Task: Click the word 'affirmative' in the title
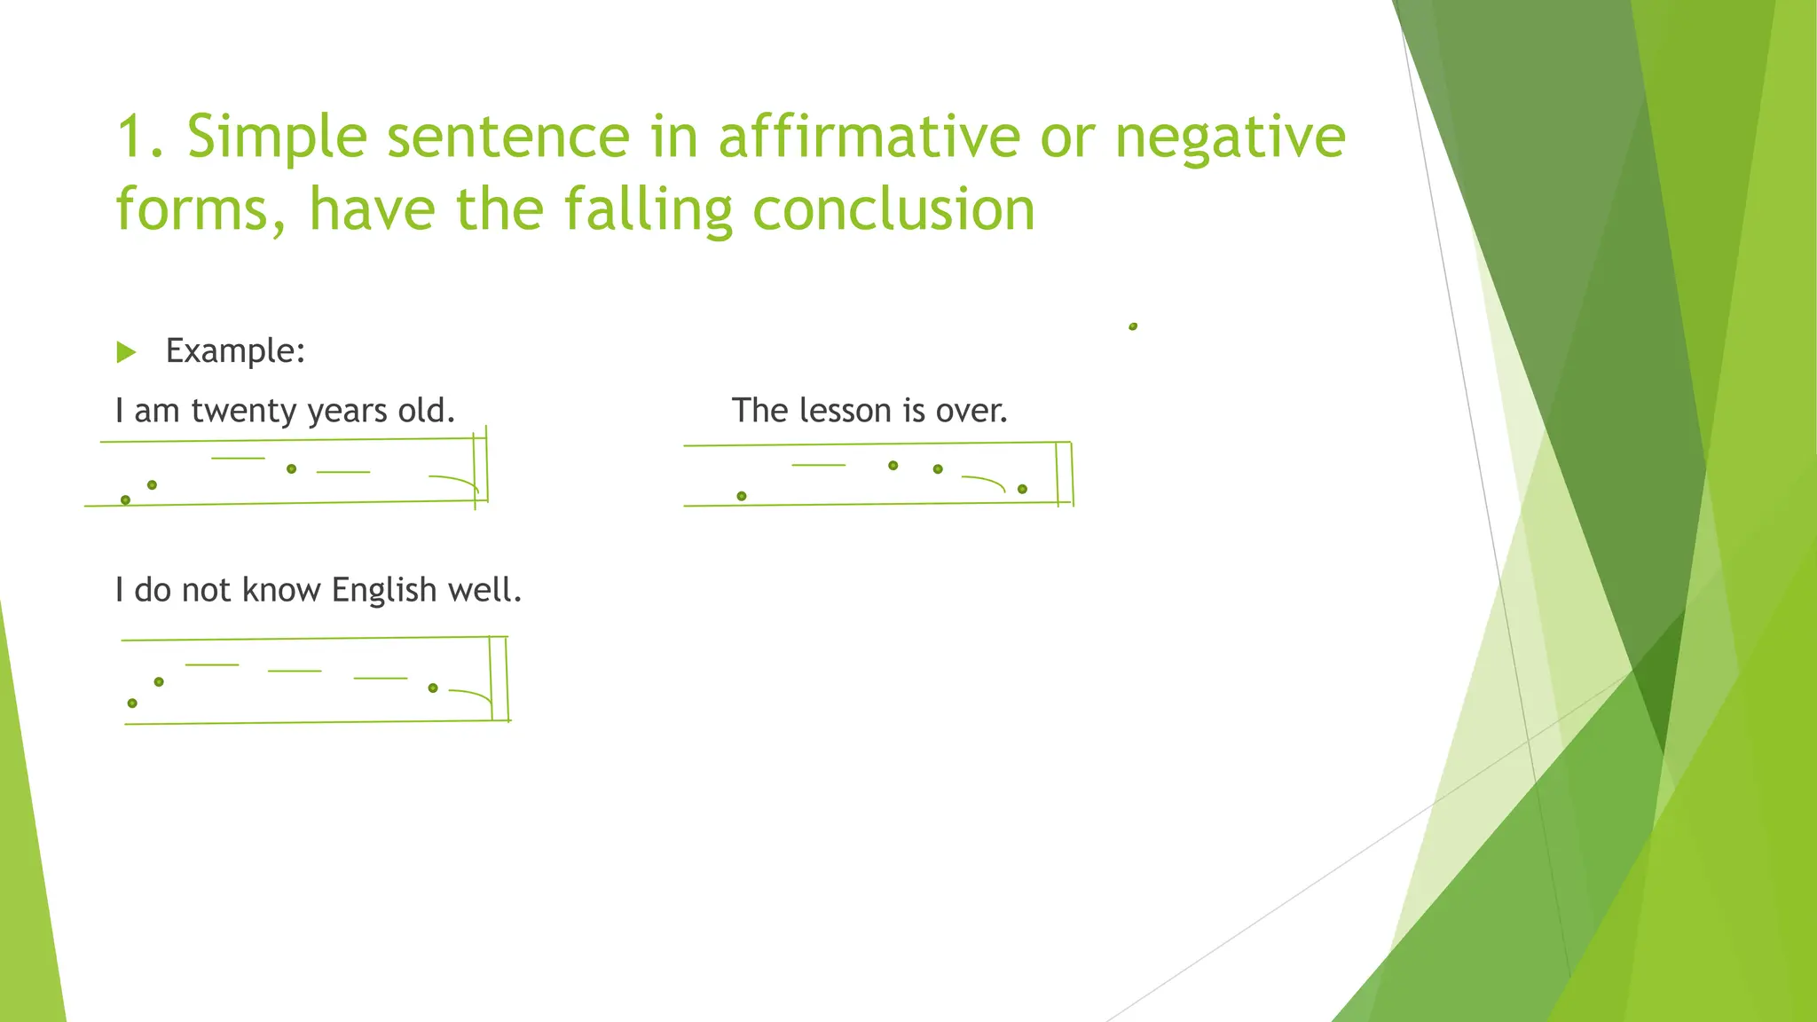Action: (869, 137)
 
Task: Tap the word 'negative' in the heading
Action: (1230, 138)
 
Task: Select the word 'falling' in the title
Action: (648, 209)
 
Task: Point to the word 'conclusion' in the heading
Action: (893, 209)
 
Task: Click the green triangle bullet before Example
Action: (126, 352)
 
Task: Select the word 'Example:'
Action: (235, 351)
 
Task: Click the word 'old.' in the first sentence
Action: (426, 411)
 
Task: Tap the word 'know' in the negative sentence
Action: (281, 590)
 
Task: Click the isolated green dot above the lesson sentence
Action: (1133, 326)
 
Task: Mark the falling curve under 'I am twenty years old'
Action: (456, 481)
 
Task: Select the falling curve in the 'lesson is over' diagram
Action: (985, 481)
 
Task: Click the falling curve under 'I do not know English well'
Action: (473, 694)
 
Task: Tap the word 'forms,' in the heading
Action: (201, 210)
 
